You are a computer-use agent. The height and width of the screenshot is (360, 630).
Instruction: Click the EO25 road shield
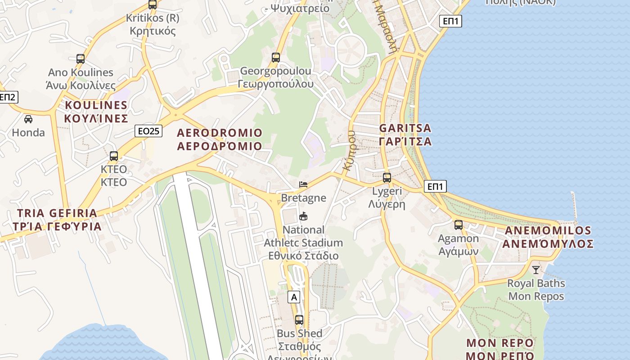(x=148, y=131)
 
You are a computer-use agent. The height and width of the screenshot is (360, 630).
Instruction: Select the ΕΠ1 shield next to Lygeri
(x=435, y=186)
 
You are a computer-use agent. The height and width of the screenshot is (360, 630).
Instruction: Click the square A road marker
(x=294, y=297)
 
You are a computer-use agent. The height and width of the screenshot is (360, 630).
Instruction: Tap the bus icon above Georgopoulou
(x=276, y=58)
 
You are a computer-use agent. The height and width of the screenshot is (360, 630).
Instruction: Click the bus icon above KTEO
(x=114, y=156)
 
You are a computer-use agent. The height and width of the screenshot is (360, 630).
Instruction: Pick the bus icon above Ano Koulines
(x=81, y=59)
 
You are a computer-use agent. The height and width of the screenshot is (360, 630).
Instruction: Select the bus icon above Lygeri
(x=387, y=178)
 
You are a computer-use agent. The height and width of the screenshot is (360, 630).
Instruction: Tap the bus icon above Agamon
(x=459, y=225)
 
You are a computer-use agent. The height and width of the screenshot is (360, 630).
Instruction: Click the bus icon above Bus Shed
(x=299, y=320)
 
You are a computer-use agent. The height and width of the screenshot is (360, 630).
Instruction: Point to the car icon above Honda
(x=28, y=119)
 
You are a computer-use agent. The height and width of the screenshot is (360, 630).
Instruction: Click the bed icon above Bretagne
(x=303, y=184)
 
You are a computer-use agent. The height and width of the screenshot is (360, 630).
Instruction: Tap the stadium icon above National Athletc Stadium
(x=303, y=216)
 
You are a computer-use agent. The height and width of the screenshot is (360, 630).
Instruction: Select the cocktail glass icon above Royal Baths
(x=535, y=270)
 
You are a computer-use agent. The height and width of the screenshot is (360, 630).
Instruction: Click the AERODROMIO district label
(x=220, y=139)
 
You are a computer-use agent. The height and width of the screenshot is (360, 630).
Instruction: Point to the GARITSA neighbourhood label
(x=405, y=135)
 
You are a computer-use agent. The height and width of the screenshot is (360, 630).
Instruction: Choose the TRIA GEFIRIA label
(x=57, y=219)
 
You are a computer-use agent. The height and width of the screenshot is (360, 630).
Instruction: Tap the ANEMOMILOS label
(x=548, y=237)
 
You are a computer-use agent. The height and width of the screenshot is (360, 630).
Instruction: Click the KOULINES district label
(x=96, y=112)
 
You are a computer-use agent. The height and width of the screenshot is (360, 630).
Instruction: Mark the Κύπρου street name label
(x=349, y=150)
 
